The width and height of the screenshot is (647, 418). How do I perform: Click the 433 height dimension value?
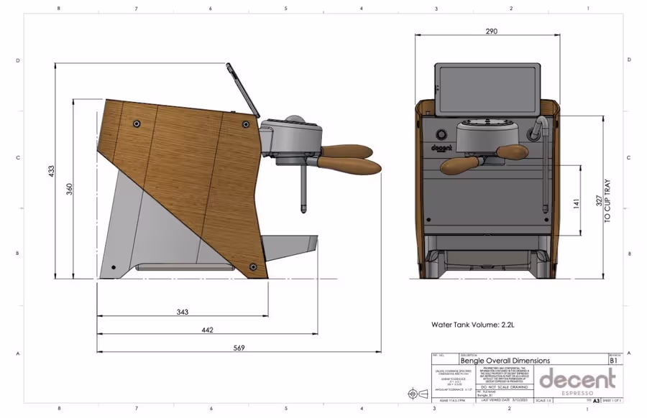(51, 170)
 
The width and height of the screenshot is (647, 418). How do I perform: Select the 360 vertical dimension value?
(69, 188)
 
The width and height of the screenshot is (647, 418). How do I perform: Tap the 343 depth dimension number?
(182, 312)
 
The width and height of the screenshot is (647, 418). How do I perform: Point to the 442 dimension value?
(207, 330)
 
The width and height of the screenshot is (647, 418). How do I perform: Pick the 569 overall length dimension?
(239, 348)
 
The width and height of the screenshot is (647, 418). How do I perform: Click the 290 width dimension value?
(491, 32)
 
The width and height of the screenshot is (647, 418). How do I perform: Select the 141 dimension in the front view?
(575, 204)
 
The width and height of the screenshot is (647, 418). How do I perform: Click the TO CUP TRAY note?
(607, 200)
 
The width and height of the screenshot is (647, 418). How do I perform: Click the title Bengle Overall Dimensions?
(505, 361)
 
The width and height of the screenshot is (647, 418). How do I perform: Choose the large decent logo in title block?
(577, 378)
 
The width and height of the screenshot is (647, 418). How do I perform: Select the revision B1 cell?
(613, 361)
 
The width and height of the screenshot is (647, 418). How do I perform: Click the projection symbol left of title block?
(414, 394)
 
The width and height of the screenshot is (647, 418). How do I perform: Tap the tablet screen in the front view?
(487, 88)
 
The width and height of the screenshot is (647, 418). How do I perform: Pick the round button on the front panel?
(440, 134)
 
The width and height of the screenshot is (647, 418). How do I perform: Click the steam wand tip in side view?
(303, 208)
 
